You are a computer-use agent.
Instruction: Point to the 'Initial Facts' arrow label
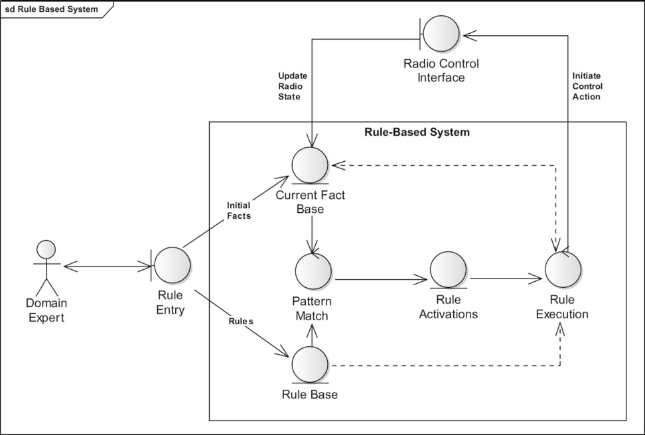[x=238, y=210]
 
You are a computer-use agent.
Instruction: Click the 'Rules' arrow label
[x=242, y=321]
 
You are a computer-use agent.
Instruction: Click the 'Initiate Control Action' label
[x=587, y=86]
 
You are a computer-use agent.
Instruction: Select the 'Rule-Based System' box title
[x=417, y=132]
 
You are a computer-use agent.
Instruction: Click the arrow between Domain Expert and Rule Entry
[x=106, y=266]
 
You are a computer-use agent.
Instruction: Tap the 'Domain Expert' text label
[x=45, y=310]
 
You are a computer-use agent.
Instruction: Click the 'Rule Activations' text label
[x=448, y=307]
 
